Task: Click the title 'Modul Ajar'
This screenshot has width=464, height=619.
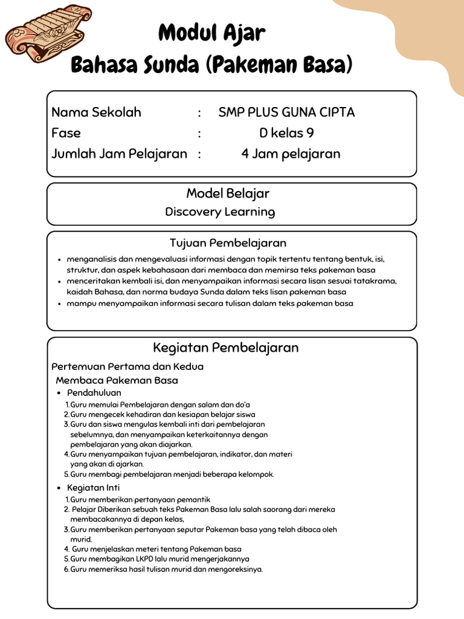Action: [211, 33]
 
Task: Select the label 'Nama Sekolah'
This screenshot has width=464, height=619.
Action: [96, 112]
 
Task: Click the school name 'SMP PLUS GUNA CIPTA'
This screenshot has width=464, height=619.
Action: [286, 112]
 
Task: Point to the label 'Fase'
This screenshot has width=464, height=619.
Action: [66, 133]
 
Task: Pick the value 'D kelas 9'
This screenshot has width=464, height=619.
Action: [286, 133]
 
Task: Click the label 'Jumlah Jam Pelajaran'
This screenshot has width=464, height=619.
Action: [119, 154]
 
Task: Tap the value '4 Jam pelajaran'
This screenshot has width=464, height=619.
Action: [291, 154]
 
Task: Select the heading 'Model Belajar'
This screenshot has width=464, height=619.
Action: [228, 193]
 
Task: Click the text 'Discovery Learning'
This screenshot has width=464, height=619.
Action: [220, 212]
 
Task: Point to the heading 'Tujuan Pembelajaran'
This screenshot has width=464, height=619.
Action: [228, 244]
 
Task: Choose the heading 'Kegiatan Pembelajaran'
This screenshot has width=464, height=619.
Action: [225, 348]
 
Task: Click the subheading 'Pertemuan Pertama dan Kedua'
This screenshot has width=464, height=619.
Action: [127, 366]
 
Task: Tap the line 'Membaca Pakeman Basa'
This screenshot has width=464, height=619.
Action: [117, 380]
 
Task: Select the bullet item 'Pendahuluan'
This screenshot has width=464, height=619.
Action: [94, 393]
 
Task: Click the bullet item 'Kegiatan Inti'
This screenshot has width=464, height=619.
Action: [93, 487]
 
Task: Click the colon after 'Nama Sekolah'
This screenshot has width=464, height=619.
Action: [199, 113]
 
